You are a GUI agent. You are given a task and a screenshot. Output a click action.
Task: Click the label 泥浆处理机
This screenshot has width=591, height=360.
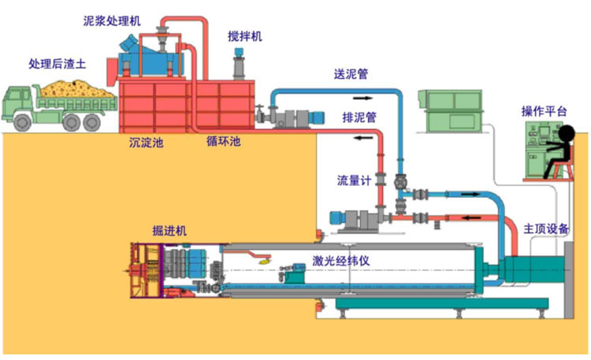112,20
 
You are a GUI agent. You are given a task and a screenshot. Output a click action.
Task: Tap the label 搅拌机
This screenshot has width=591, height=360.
244,36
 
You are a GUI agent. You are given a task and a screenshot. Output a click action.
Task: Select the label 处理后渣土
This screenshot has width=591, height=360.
58,64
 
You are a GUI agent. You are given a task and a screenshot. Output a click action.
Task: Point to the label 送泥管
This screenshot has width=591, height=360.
351,74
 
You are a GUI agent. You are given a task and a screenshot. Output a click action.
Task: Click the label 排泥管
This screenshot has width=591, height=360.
359,117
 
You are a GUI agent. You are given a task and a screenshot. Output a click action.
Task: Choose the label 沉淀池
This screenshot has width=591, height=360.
147,142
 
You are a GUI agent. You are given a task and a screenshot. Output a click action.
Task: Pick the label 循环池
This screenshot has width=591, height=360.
224,141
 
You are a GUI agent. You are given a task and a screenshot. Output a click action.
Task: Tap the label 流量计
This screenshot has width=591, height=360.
354,180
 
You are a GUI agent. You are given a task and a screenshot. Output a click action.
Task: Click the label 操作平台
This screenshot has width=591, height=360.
544,111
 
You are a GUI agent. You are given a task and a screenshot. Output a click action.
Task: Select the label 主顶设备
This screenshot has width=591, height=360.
546,228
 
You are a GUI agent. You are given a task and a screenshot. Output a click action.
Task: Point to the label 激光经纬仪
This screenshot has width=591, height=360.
340,261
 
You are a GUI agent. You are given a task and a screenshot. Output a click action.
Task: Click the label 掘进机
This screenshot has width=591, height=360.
169,230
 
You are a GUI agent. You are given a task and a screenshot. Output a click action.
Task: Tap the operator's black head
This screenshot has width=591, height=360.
567,134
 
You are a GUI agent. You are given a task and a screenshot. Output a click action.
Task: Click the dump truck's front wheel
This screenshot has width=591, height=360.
23,122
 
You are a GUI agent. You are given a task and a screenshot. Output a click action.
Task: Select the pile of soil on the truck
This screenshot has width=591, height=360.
77,89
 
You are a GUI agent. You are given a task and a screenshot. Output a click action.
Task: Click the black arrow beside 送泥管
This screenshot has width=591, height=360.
362,98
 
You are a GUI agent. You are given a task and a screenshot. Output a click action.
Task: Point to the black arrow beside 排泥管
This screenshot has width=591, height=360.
362,138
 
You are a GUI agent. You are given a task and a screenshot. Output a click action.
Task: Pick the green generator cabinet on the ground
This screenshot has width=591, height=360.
451,111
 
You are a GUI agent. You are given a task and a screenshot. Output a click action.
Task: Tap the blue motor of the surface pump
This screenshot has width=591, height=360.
317,117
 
